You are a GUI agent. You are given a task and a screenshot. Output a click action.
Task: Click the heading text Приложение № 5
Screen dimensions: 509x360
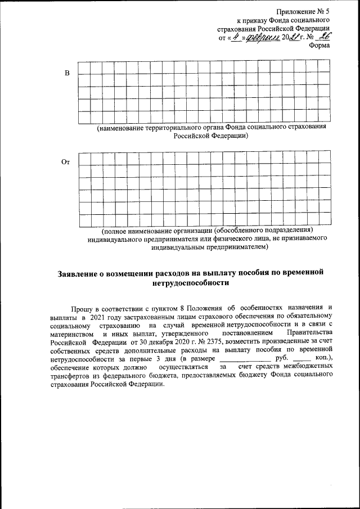tap(303, 11)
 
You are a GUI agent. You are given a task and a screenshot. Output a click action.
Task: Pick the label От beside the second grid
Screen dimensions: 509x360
tap(65, 162)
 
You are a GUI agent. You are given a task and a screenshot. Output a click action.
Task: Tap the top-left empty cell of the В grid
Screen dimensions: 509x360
tap(83, 67)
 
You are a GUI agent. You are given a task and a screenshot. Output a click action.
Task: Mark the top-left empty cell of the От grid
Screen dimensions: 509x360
tap(83, 157)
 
